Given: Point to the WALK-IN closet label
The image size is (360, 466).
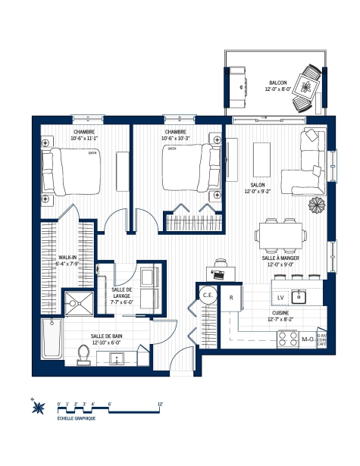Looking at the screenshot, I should (69, 258).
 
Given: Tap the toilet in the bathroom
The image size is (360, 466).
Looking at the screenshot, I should (85, 353).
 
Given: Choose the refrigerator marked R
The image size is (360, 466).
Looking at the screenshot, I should (230, 298).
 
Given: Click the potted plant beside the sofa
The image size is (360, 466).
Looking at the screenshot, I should (315, 205).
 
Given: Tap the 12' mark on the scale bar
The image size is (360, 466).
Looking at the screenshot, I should (159, 404).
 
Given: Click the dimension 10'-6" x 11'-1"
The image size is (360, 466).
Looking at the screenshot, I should (84, 138).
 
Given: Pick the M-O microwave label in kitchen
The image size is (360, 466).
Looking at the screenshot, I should (307, 339).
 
